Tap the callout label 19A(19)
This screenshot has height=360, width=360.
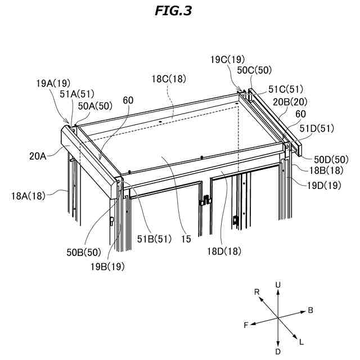[54, 83]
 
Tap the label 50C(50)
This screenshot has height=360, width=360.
[254, 70]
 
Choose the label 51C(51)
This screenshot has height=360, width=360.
[286, 89]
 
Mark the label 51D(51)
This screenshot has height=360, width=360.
[317, 129]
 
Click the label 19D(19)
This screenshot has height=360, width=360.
[323, 184]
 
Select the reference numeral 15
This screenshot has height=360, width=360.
[186, 239]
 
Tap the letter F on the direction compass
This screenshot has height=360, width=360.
[246, 325]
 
